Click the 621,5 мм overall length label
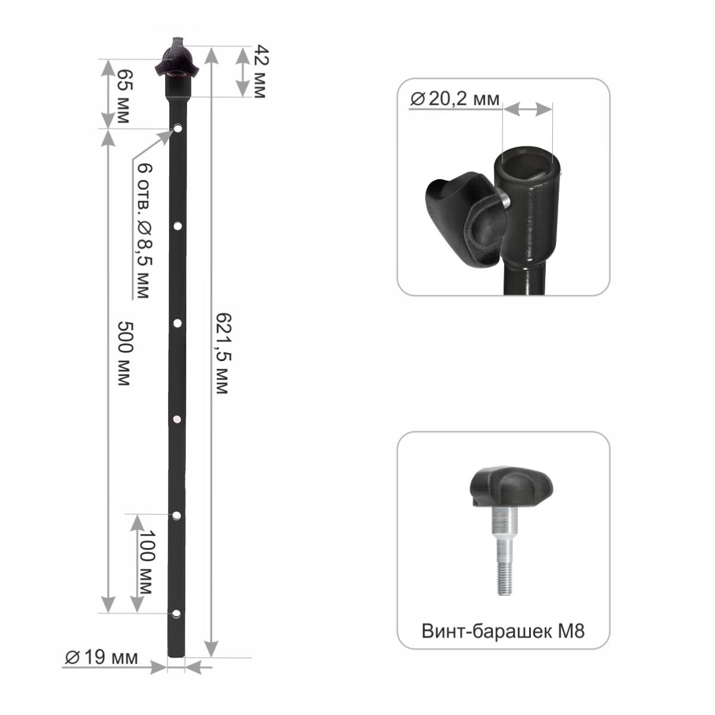224,353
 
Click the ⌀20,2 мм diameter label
455,99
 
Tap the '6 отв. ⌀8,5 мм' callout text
145,231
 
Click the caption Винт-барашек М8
503,631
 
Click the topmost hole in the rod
178,128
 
